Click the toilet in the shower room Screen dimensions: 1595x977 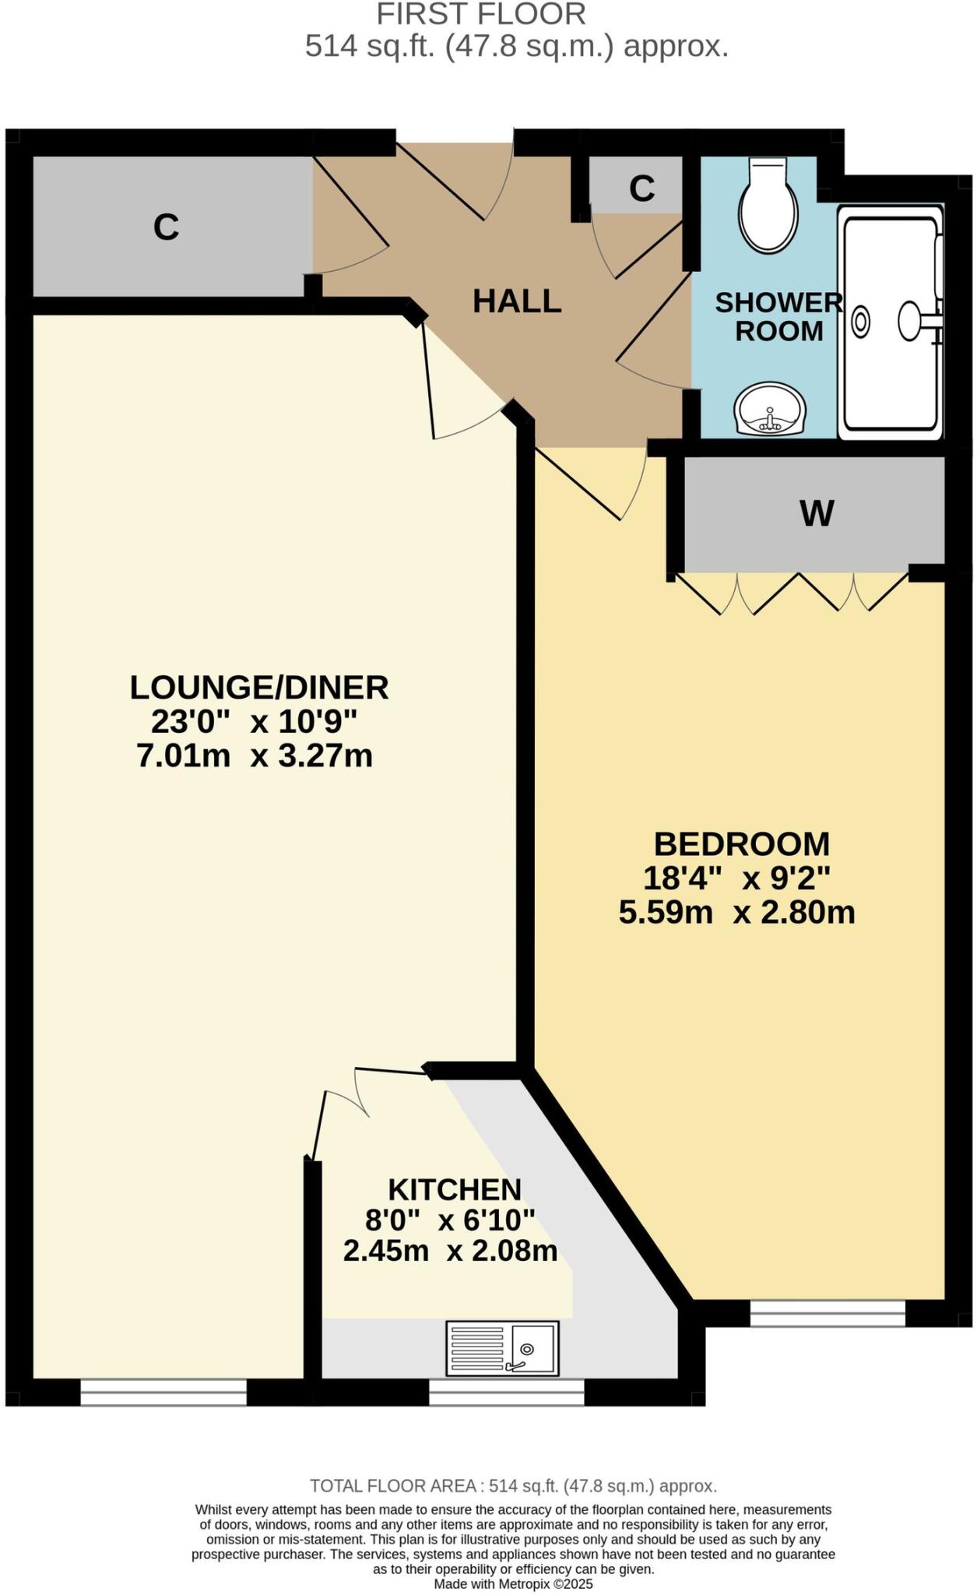(x=768, y=207)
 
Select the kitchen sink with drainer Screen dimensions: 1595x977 (x=502, y=1347)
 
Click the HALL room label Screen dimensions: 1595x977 (x=517, y=301)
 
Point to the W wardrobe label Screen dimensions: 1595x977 (x=817, y=513)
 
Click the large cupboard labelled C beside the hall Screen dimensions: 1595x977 (x=167, y=227)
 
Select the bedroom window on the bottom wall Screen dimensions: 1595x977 (x=828, y=1315)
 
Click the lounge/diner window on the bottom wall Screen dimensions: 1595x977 (x=163, y=1392)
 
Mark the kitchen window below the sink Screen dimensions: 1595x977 (x=506, y=1392)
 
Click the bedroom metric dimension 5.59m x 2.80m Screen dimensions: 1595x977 (x=736, y=912)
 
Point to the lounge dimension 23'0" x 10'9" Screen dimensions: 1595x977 (x=254, y=722)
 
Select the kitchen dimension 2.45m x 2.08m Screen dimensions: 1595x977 (x=450, y=1251)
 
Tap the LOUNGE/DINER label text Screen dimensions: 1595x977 (x=258, y=688)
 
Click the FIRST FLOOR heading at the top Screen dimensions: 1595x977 (x=481, y=14)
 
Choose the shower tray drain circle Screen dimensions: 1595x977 (x=860, y=322)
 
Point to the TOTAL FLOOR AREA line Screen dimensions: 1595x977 (x=513, y=1486)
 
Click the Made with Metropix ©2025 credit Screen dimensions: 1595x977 (x=513, y=1584)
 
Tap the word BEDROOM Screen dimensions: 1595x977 (x=741, y=845)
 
